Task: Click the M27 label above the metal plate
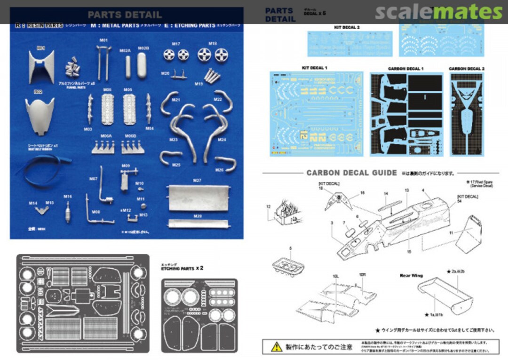[x=197, y=180]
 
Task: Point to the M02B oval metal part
[x=143, y=65]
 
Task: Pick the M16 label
[x=68, y=196]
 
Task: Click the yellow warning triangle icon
[x=277, y=346]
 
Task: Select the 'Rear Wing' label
[x=411, y=275]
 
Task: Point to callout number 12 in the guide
[x=269, y=206]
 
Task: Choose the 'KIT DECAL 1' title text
[x=314, y=68]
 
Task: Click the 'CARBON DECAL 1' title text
[x=405, y=69]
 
